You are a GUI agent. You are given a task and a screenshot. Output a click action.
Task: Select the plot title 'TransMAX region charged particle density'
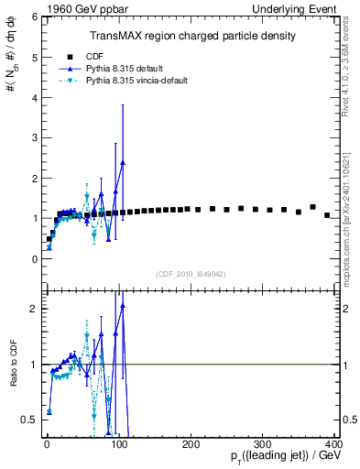191,36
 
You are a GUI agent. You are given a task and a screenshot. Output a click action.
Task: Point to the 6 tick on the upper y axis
35,16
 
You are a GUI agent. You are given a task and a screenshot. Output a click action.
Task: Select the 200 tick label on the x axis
191,443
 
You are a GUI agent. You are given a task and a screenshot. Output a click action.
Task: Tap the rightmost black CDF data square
327,215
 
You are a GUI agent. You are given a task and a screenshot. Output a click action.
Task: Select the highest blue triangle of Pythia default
123,162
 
